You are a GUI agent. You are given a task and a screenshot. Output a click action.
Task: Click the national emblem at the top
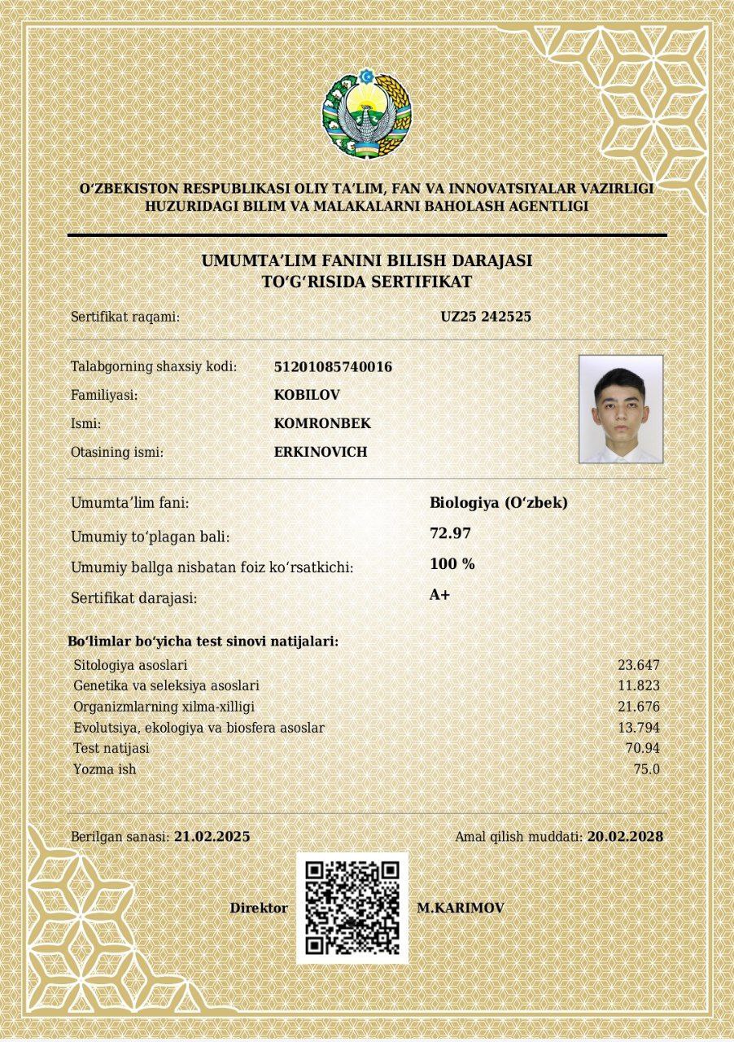pos(367,113)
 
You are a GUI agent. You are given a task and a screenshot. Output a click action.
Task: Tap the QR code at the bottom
pos(352,908)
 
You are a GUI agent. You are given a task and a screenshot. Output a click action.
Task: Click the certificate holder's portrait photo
pos(621,409)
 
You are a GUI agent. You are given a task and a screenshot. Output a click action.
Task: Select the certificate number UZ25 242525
pos(486,317)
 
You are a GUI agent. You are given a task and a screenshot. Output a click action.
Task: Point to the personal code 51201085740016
pos(333,367)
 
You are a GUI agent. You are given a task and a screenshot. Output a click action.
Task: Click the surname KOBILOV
pos(307,395)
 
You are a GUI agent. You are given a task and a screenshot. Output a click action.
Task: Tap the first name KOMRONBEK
pos(322,423)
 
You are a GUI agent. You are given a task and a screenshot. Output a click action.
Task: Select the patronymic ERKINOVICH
pos(321,452)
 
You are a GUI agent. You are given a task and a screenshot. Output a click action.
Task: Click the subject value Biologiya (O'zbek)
pos(498,503)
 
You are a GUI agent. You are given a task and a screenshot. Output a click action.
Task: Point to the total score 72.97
pos(450,533)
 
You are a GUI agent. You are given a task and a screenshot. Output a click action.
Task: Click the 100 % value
pos(452,564)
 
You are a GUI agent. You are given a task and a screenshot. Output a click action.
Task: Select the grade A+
pos(439,595)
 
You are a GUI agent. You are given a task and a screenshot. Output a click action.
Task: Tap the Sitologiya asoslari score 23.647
pos(639,665)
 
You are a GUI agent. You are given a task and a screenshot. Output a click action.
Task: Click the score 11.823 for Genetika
pos(639,685)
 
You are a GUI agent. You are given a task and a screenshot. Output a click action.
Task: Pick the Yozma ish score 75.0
pos(647,769)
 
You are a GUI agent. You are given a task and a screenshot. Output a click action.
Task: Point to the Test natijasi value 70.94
pos(643,748)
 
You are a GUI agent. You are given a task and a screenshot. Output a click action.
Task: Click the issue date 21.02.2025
pos(212,836)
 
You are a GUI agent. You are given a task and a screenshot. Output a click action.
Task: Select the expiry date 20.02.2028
pos(625,836)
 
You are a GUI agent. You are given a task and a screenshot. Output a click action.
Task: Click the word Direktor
pos(259,908)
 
